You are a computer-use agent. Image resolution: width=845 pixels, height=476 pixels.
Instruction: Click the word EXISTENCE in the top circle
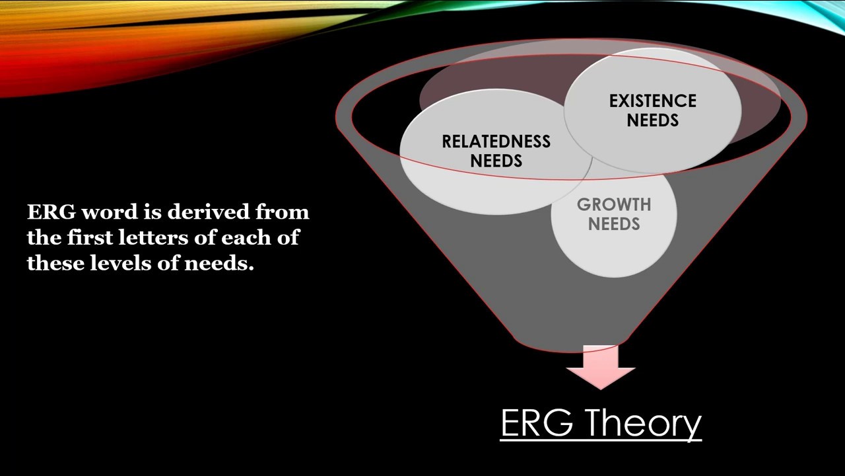click(652, 101)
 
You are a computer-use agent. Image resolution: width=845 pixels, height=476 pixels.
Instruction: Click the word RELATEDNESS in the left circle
click(496, 141)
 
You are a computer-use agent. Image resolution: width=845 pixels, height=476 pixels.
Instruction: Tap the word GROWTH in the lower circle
click(614, 205)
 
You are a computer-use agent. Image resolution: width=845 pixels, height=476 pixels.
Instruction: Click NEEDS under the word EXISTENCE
click(652, 121)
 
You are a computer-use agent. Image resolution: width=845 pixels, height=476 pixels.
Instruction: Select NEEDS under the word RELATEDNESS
click(496, 161)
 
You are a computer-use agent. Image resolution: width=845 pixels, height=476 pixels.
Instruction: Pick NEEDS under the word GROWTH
click(614, 224)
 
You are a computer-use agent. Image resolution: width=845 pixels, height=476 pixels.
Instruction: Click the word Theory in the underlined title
click(642, 423)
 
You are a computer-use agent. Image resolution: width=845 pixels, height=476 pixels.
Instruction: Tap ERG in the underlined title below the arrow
click(537, 423)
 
